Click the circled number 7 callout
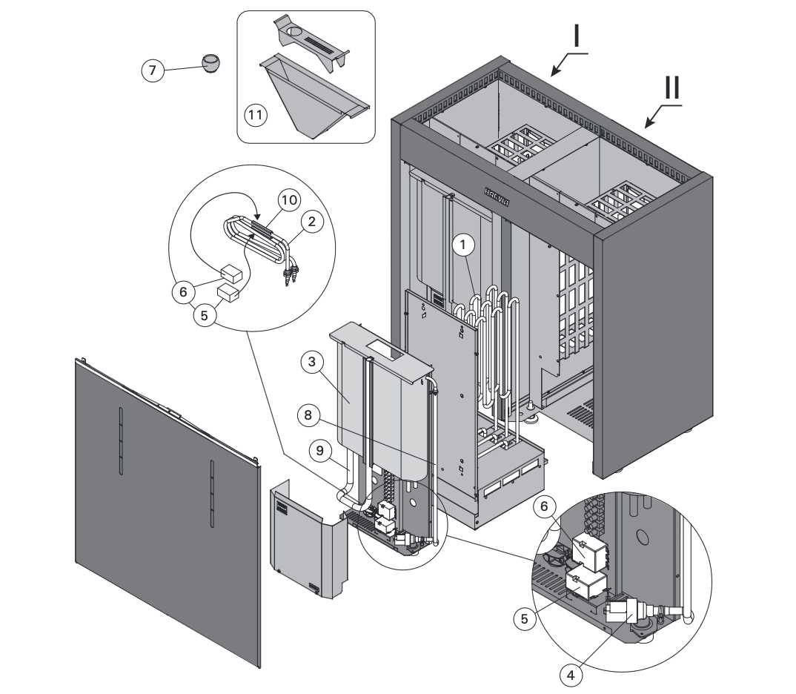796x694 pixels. tap(152, 70)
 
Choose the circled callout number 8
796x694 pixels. tap(310, 415)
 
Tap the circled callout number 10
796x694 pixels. tap(290, 199)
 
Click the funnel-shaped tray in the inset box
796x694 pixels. tap(308, 96)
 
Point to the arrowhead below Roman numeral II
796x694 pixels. tap(650, 123)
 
